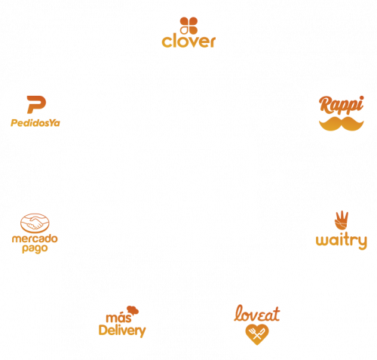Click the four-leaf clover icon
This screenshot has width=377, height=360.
[x=188, y=26]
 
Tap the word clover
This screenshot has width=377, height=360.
[x=188, y=42]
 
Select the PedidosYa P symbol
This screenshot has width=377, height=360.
[x=36, y=104]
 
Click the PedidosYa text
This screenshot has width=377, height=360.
[x=35, y=123]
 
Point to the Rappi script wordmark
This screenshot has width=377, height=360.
[x=342, y=105]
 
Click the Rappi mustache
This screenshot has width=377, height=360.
[x=342, y=124]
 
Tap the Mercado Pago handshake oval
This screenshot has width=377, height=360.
[x=35, y=223]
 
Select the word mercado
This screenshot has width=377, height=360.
[x=35, y=238]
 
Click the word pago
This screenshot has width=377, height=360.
[x=35, y=249]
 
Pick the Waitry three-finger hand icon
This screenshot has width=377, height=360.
[x=342, y=220]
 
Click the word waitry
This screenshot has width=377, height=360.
[x=342, y=241]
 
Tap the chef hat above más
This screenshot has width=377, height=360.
[x=133, y=310]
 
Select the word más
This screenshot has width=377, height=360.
[x=118, y=318]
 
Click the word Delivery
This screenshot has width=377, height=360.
[x=122, y=331]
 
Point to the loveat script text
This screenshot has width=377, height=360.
[x=256, y=313]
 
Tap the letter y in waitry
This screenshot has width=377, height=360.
[x=362, y=242]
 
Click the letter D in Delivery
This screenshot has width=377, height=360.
[x=103, y=330]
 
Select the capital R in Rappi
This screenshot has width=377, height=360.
[x=325, y=104]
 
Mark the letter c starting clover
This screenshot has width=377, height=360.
[x=166, y=42]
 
